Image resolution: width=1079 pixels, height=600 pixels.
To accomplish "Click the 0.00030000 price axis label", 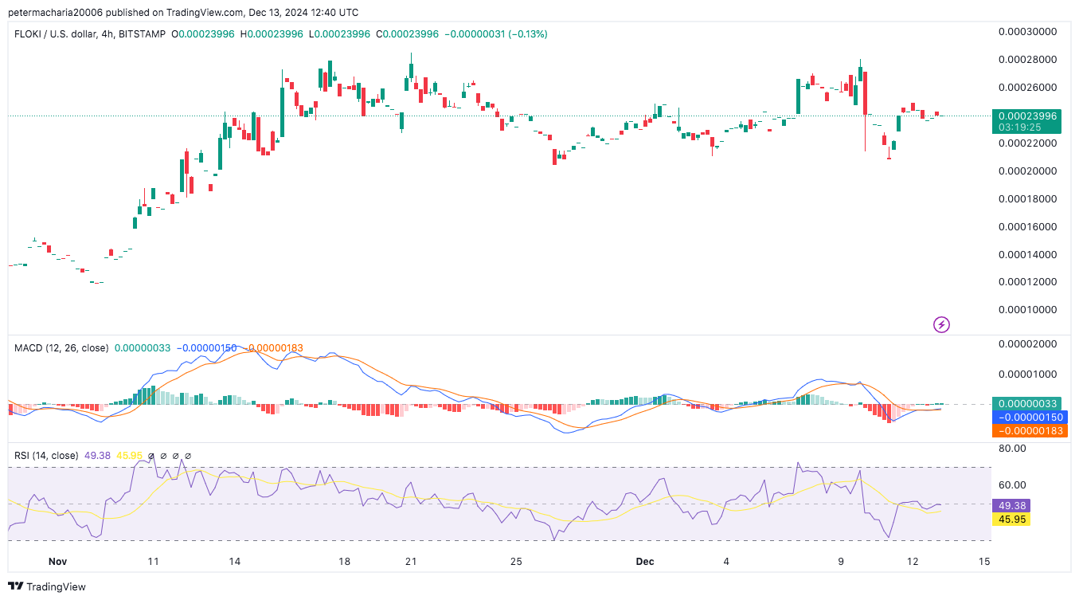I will (1026, 32).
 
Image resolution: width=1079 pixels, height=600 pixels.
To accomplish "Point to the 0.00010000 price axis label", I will (1026, 310).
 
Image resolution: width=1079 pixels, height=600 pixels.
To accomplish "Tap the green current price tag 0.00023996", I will (1026, 116).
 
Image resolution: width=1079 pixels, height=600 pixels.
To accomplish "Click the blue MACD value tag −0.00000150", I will (1026, 417).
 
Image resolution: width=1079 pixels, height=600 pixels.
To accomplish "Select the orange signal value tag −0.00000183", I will (1026, 431).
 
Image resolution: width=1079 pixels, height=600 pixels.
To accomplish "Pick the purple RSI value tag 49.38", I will (1011, 505).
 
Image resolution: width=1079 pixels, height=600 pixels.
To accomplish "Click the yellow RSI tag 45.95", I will (1011, 520).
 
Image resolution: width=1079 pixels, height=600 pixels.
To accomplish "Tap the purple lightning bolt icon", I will (941, 324).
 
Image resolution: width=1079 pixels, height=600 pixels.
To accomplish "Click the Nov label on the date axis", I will (57, 562).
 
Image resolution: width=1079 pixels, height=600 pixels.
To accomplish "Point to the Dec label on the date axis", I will (645, 562).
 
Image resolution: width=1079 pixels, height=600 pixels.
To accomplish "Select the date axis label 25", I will (516, 562).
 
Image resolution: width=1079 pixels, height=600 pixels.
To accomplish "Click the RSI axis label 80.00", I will (1013, 449).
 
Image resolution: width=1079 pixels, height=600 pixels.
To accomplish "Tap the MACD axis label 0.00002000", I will (1026, 343).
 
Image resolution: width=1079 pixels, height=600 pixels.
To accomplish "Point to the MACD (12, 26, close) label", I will (61, 348).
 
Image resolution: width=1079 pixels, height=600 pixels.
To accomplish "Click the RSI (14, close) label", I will (46, 456).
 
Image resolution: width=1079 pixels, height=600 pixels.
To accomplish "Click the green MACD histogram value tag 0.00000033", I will (1026, 403).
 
